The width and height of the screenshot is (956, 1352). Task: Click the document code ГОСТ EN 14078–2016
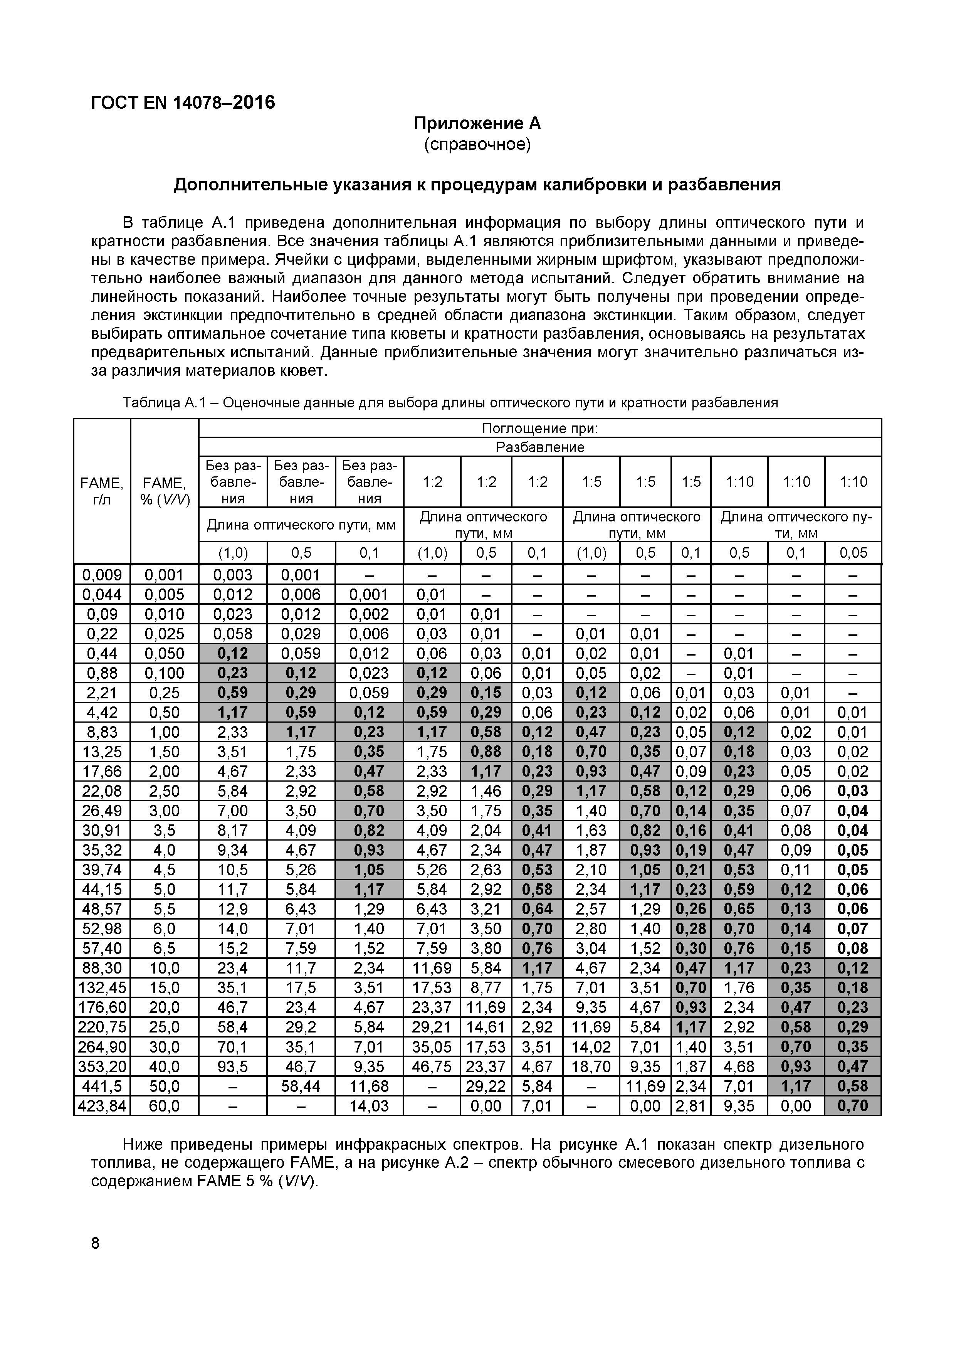183,103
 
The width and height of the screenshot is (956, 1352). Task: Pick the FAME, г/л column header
102,491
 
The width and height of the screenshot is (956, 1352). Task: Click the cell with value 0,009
102,575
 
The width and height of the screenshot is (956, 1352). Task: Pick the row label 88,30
102,968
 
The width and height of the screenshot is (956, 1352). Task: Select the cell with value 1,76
738,987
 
